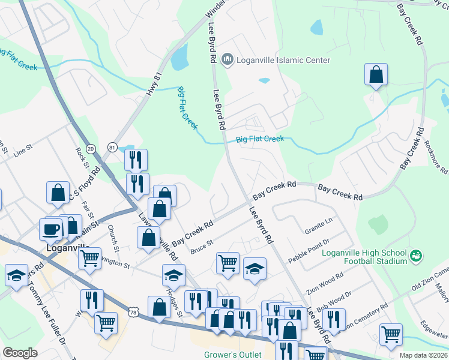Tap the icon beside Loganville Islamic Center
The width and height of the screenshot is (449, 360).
227,59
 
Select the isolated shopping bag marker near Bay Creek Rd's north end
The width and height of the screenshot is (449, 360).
376,75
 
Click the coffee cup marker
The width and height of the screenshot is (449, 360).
50,228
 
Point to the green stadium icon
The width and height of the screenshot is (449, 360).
415,256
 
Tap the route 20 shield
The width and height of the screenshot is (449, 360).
91,148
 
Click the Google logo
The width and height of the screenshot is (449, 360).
20,353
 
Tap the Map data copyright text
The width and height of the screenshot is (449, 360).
424,355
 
